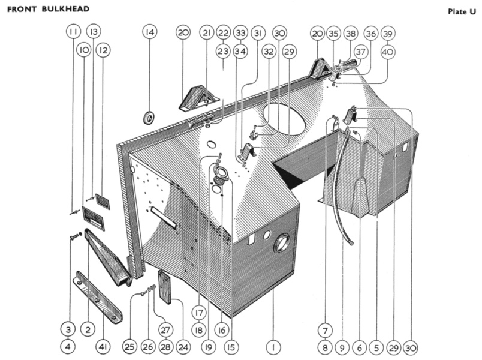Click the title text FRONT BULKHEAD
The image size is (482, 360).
(49, 9)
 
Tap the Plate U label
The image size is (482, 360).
(462, 11)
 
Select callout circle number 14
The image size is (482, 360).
(150, 32)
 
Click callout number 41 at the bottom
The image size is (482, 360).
(103, 347)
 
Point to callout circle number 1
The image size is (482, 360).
(273, 347)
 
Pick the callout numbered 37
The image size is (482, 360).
(360, 52)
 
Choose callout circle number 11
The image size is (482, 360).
(73, 31)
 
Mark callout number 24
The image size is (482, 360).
(183, 347)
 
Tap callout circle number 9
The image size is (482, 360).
(342, 348)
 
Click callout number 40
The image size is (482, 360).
(388, 52)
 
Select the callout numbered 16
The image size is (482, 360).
(222, 331)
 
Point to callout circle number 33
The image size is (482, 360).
(240, 32)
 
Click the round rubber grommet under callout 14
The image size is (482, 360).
(149, 118)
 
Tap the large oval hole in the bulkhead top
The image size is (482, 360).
(284, 119)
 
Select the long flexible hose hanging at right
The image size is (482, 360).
(342, 188)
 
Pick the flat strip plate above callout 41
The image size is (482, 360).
(98, 298)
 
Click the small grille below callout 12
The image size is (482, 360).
(103, 202)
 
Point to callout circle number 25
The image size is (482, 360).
(129, 347)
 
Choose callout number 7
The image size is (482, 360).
(325, 331)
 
